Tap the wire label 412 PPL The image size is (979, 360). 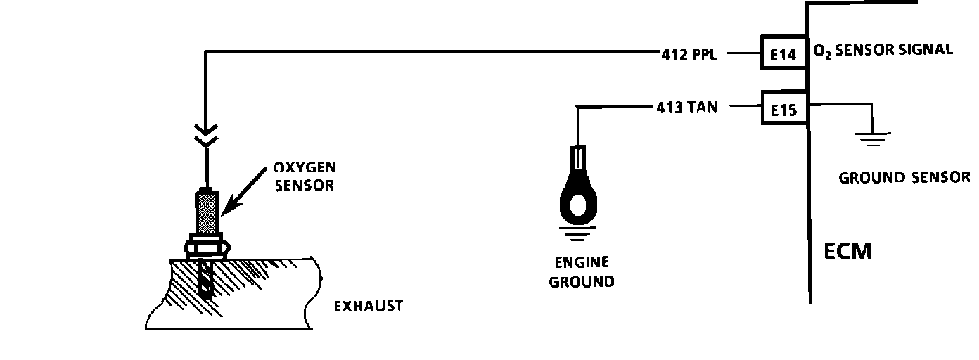point(689,54)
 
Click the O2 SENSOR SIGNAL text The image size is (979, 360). point(883,51)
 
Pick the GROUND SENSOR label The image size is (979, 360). point(904,177)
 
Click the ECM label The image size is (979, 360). point(847,252)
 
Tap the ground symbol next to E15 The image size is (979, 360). point(872,136)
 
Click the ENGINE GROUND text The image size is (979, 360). point(581,273)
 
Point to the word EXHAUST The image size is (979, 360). point(368,306)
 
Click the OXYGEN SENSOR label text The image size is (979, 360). point(305,176)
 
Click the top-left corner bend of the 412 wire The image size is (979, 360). point(205,52)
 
